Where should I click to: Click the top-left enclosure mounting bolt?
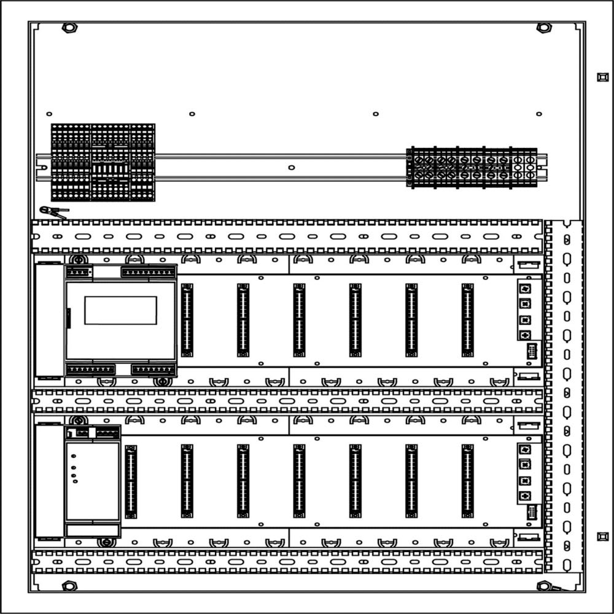(x=69, y=28)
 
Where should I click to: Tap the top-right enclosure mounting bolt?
(x=543, y=28)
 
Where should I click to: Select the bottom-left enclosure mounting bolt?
(x=69, y=586)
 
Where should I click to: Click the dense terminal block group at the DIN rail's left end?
(x=103, y=163)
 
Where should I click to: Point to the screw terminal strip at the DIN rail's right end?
(x=472, y=167)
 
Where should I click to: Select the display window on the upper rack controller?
(x=120, y=310)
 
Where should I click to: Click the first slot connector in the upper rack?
(x=187, y=320)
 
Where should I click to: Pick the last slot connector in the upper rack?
(x=467, y=320)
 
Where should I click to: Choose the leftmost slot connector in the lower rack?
(x=131, y=481)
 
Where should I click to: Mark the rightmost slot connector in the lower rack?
(x=467, y=481)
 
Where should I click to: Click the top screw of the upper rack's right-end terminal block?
(x=525, y=289)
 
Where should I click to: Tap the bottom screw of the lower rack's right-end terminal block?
(x=524, y=495)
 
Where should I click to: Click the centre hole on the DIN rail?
(x=291, y=166)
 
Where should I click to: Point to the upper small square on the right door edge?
(x=601, y=77)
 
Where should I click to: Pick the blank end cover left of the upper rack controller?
(x=49, y=320)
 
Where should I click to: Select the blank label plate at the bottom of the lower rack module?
(x=93, y=531)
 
